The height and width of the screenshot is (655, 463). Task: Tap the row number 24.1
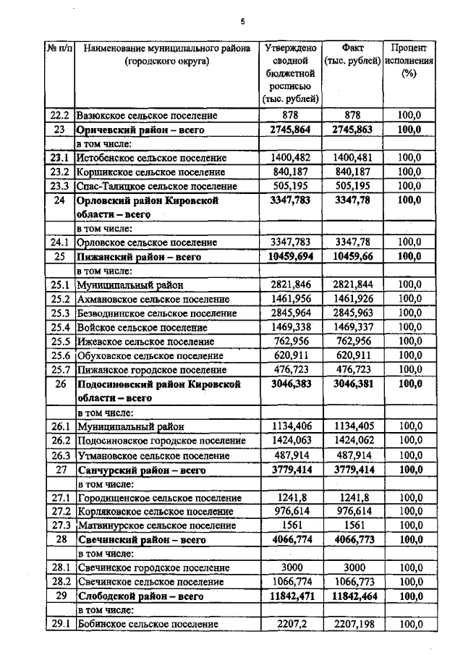59,242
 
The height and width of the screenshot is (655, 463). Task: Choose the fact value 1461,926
352,299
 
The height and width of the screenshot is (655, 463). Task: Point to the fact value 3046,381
352,384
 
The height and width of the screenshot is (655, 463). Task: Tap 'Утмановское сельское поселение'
150,455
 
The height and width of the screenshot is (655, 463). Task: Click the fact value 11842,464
352,596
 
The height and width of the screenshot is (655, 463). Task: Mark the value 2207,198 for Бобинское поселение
352,624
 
